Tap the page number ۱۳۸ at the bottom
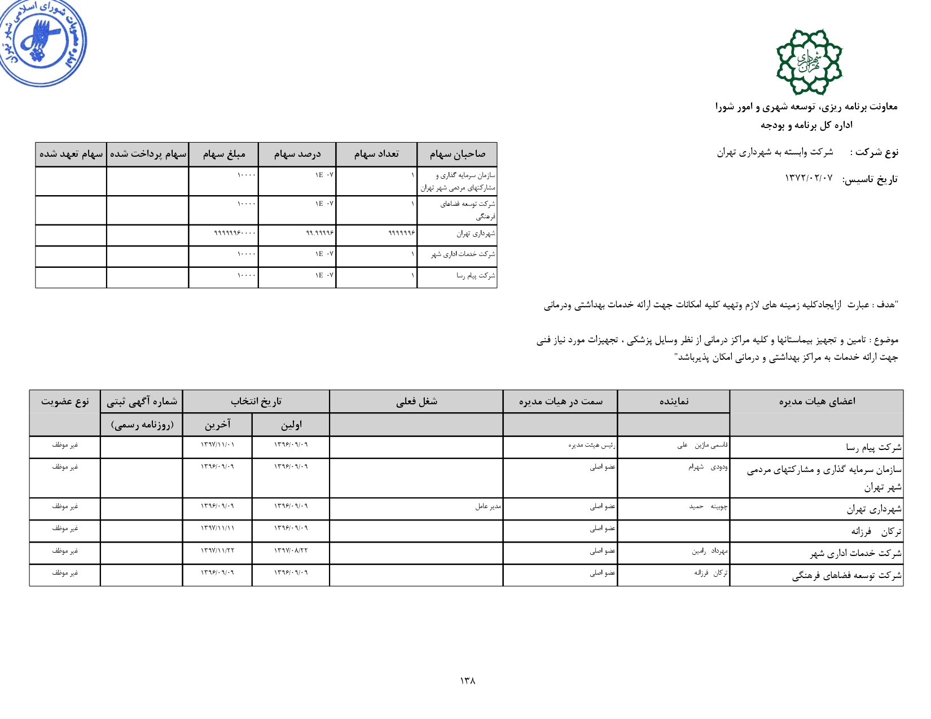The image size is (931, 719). click(467, 681)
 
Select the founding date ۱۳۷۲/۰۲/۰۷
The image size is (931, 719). click(809, 179)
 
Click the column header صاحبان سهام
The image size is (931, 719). click(457, 154)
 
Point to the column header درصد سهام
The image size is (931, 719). click(297, 154)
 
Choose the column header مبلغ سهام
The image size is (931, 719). click(224, 154)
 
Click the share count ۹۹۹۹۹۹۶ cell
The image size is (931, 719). click(402, 233)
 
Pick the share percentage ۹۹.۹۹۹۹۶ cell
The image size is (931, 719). click(320, 233)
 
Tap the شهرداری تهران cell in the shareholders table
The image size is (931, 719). click(476, 233)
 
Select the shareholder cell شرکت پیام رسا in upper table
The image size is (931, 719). click(476, 276)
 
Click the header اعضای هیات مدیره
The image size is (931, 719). click(816, 402)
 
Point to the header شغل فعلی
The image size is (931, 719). click(416, 402)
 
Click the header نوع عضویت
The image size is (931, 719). click(65, 402)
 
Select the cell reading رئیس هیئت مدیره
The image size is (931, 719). click(591, 445)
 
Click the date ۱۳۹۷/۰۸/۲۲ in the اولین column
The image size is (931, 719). click(291, 550)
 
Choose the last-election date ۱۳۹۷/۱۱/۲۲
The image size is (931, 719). click(217, 550)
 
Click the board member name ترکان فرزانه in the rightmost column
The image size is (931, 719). click(876, 531)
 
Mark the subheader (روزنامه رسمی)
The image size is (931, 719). click(142, 425)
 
